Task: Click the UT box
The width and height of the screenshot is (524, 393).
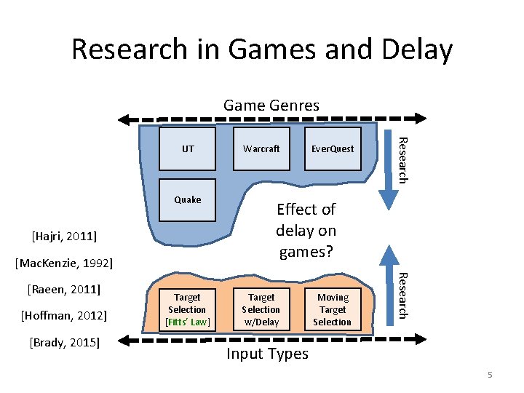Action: pos(188,149)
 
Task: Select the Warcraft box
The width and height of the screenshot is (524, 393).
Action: pos(261,149)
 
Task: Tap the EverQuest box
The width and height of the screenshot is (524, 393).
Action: pos(333,149)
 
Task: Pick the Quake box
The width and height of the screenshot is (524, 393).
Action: pos(188,199)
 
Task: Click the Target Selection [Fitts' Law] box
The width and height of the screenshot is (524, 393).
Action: pos(187,309)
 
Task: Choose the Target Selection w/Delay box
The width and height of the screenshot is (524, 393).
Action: pos(261,309)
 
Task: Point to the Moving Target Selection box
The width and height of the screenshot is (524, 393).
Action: pos(333,309)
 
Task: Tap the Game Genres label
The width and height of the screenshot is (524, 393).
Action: pos(271,106)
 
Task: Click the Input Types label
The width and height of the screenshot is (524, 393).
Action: pos(267,354)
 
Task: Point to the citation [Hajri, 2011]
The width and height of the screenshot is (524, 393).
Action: pos(65,236)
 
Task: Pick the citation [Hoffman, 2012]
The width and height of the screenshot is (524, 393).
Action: pos(64,315)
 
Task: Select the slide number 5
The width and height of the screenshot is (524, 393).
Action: pos(490,375)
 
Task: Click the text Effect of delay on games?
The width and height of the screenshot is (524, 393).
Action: pos(306,231)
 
